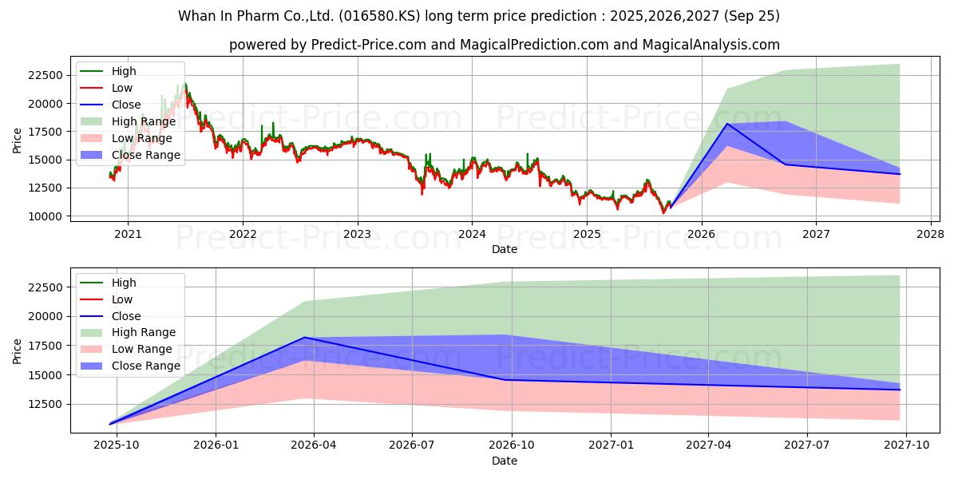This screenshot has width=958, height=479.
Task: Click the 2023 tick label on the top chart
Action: [x=357, y=234]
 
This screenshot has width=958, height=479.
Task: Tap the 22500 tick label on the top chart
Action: [x=42, y=75]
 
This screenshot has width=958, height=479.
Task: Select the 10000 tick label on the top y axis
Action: [x=42, y=216]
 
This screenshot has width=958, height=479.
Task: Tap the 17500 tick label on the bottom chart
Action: [x=42, y=346]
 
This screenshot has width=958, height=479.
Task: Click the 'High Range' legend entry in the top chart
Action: [x=143, y=121]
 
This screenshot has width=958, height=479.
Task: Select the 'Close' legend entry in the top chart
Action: [x=126, y=105]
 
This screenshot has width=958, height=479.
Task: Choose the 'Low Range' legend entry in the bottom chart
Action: [x=141, y=349]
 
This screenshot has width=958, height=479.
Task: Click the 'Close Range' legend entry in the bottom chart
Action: [x=145, y=366]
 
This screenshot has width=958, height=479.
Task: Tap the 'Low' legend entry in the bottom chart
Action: [x=122, y=299]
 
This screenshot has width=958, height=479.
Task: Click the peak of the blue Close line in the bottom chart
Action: [x=304, y=338]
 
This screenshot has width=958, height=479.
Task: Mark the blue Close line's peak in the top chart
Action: [x=726, y=124]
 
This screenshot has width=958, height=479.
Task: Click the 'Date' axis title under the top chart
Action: [x=504, y=249]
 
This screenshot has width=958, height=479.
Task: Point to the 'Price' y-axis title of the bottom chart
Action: [x=18, y=350]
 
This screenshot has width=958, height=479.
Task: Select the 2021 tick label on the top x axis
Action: [x=128, y=234]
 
